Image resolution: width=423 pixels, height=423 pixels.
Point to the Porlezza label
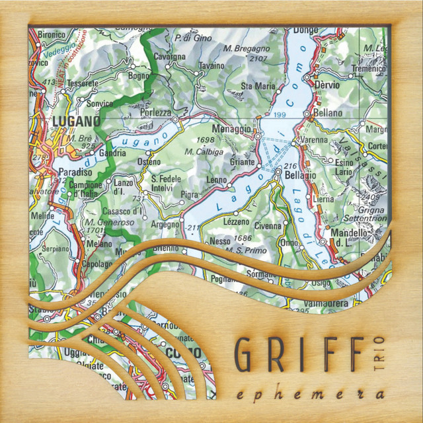156,113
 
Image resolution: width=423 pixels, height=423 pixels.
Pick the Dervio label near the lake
328,86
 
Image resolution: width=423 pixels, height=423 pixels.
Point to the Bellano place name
328,113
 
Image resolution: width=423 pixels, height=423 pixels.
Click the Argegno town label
165,225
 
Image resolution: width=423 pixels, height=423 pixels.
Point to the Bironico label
52,34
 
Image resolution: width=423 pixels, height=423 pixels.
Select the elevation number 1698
206,140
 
